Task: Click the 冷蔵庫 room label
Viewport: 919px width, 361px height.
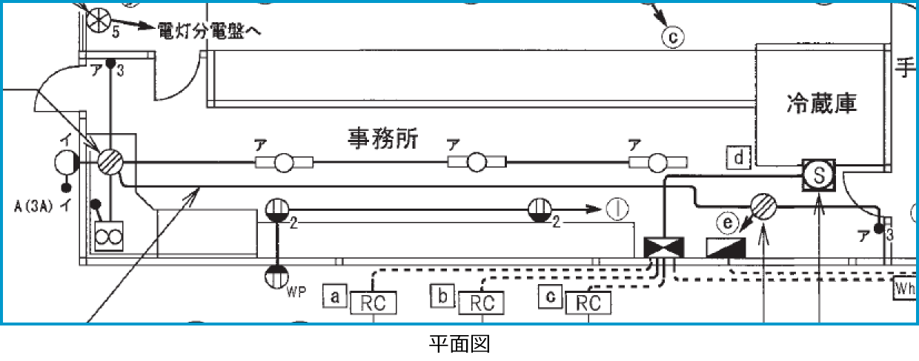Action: [x=821, y=104]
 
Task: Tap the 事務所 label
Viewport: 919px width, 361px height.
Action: [x=382, y=138]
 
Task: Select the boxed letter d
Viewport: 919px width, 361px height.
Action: [x=739, y=158]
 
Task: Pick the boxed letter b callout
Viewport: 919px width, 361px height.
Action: [x=442, y=297]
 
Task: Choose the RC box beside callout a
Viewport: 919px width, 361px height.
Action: [x=374, y=303]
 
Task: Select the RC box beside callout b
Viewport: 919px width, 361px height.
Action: [x=482, y=303]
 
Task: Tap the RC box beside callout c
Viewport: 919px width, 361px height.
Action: [x=588, y=303]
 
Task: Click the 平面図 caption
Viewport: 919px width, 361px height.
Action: [x=459, y=345]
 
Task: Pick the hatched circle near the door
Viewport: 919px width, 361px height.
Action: [x=110, y=161]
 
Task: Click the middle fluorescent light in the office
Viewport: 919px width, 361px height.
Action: [x=476, y=163]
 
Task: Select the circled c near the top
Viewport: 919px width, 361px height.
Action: [x=671, y=36]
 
